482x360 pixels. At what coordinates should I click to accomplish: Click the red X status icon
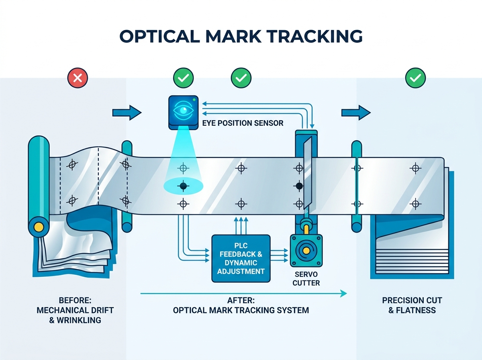tap(78, 78)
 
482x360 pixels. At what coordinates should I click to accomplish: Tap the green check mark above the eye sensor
tap(183, 78)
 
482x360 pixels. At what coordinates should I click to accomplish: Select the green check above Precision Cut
tap(415, 78)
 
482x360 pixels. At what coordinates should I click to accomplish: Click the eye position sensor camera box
tap(183, 112)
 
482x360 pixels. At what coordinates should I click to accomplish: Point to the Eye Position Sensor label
tap(243, 123)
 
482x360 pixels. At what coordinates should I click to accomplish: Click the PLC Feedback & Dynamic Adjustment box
tap(241, 258)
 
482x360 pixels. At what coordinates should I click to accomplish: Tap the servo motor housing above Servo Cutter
tap(306, 251)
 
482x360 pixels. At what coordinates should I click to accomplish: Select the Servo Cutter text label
tap(306, 278)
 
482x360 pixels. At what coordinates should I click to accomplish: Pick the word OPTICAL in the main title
tap(159, 36)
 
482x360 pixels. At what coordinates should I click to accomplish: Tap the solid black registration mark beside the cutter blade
tap(299, 186)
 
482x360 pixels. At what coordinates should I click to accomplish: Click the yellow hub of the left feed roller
tap(39, 227)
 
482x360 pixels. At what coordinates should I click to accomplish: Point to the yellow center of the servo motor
tap(306, 251)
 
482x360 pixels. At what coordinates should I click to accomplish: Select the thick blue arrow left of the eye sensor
tap(127, 112)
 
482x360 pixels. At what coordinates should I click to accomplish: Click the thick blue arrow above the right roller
tap(356, 112)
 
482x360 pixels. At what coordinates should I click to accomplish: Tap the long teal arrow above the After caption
tap(243, 293)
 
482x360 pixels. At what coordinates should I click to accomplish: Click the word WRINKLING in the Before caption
tap(79, 320)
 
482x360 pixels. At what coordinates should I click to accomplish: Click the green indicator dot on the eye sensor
tap(194, 100)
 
